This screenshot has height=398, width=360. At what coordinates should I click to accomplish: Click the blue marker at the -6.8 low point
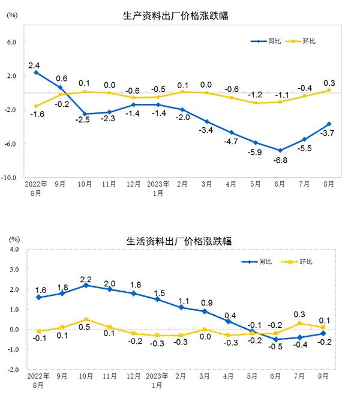(x=280, y=150)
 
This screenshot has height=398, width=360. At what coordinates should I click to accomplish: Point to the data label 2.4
(x=34, y=64)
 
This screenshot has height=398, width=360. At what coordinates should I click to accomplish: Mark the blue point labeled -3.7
(x=329, y=124)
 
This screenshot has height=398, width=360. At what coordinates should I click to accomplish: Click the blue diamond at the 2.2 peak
(x=86, y=285)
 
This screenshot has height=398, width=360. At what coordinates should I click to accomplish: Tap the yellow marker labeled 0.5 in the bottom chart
(x=86, y=319)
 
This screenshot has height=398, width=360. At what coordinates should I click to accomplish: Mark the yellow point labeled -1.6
(x=37, y=106)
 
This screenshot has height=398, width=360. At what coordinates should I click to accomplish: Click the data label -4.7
(x=230, y=142)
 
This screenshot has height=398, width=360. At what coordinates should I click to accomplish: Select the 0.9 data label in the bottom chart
(x=205, y=302)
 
